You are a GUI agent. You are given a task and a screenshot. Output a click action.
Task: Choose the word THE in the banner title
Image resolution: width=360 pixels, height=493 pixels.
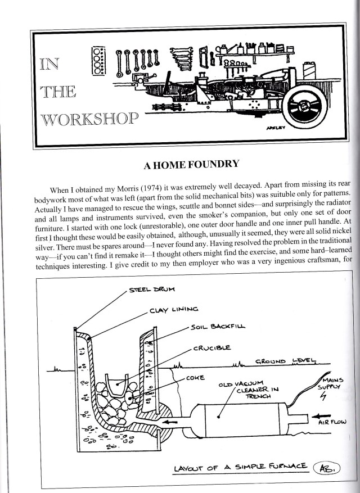(57, 92)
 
